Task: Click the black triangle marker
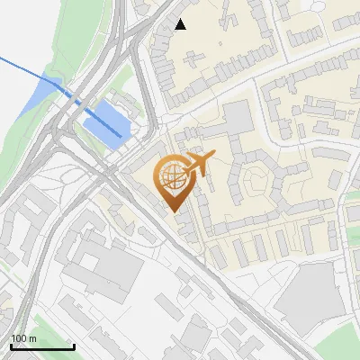[x=181, y=24]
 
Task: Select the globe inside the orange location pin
[x=172, y=177]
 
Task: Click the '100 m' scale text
[x=23, y=338]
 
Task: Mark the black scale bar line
[x=42, y=346]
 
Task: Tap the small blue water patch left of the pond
[x=50, y=88]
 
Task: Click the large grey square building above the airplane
[x=238, y=118]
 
